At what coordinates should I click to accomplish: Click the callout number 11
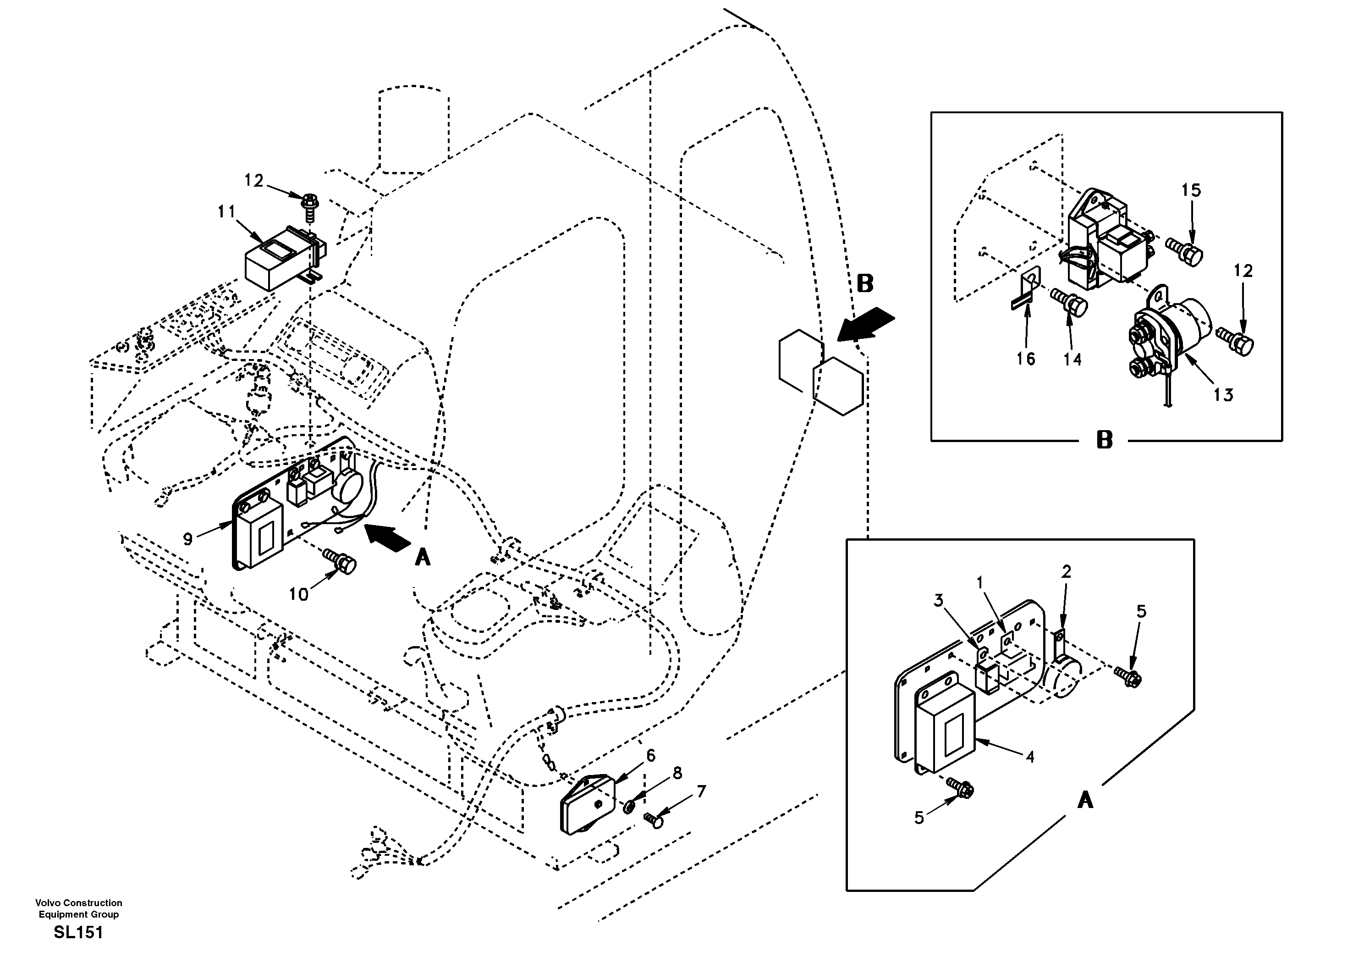[226, 211]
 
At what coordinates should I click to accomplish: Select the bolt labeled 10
[341, 561]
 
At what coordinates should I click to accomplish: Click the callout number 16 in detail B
[1025, 359]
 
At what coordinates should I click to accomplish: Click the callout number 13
[1223, 395]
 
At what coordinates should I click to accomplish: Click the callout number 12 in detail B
[1243, 271]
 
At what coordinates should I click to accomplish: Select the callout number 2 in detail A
[1067, 572]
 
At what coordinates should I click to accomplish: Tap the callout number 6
[650, 756]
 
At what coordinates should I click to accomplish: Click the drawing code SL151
[78, 933]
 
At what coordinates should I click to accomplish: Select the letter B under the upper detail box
[1104, 441]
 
